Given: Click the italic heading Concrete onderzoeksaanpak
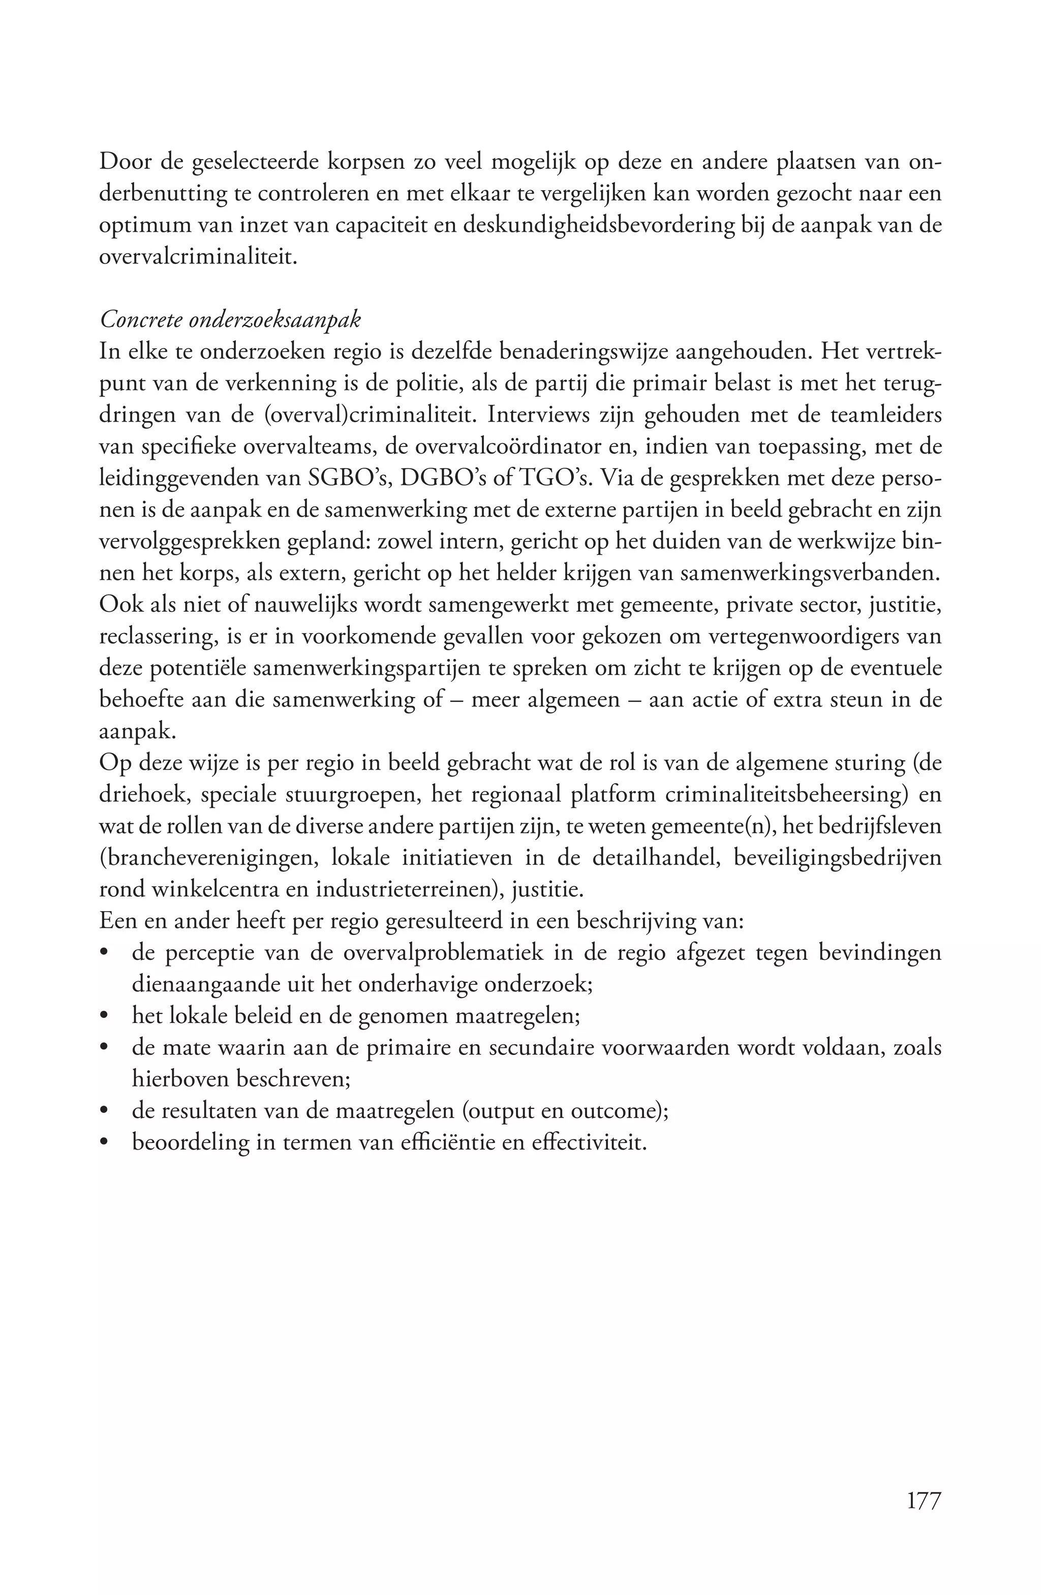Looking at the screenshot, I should tap(230, 320).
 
